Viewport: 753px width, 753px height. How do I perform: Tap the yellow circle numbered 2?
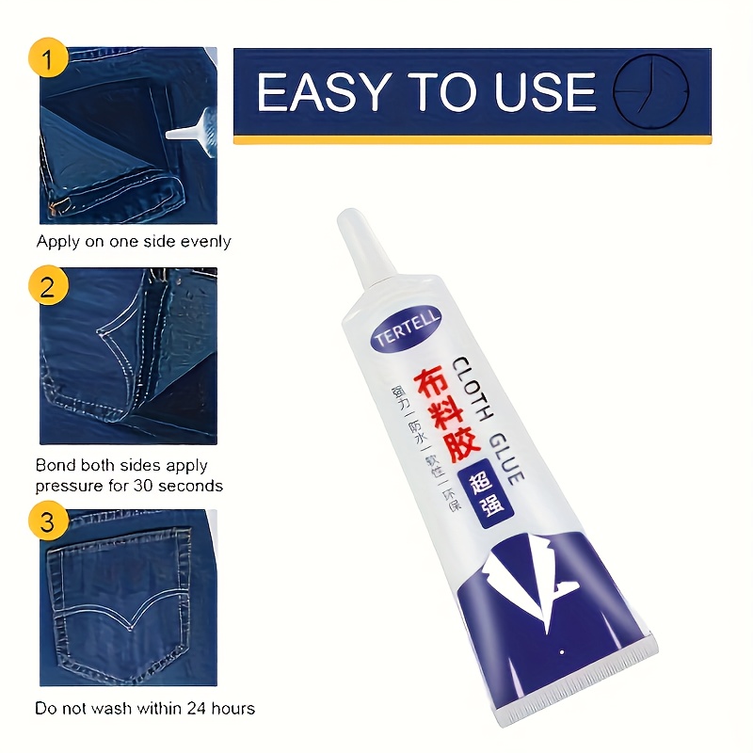pos(49,283)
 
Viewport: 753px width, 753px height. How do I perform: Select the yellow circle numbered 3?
pos(49,521)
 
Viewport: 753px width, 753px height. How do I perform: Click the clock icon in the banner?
pos(651,90)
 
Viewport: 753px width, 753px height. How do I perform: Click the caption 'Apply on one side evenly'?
pos(134,242)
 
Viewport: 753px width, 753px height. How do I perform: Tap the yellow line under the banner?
pos(472,139)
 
